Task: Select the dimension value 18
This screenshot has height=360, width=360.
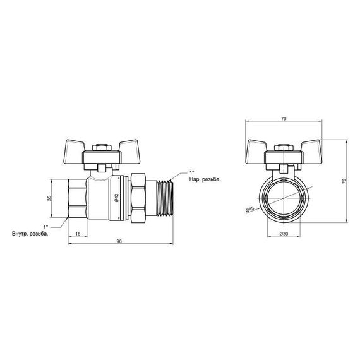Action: coord(76,234)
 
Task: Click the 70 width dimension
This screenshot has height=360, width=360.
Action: coord(284,117)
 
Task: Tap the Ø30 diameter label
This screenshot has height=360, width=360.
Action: coord(284,234)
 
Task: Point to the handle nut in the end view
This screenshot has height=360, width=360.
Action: coord(284,150)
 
